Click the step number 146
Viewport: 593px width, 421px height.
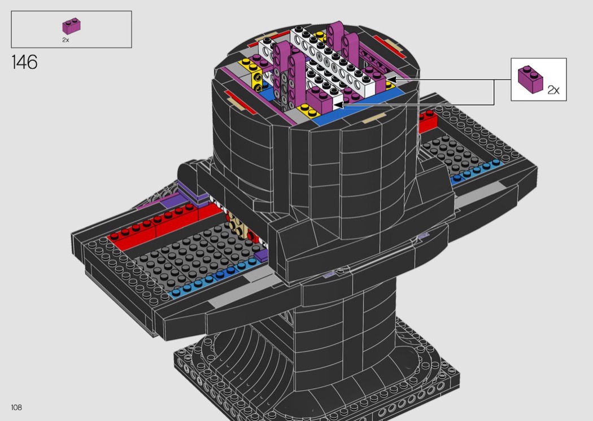(x=25, y=62)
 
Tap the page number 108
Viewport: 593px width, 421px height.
(x=16, y=407)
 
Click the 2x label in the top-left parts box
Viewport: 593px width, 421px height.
(x=66, y=40)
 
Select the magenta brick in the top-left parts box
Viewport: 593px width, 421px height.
(x=72, y=26)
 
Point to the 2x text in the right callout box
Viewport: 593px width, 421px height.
(x=553, y=90)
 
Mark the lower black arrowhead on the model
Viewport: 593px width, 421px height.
(x=338, y=104)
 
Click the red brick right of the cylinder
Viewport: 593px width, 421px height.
(x=428, y=121)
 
